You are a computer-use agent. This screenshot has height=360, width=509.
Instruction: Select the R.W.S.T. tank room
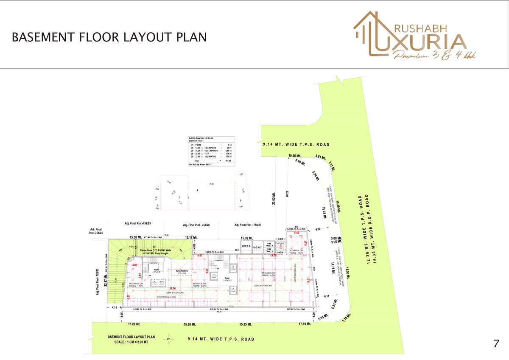(247, 246)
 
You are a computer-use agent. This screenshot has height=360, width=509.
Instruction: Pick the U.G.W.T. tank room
(258, 246)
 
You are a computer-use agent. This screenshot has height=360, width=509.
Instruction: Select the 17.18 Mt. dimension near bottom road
(305, 324)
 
